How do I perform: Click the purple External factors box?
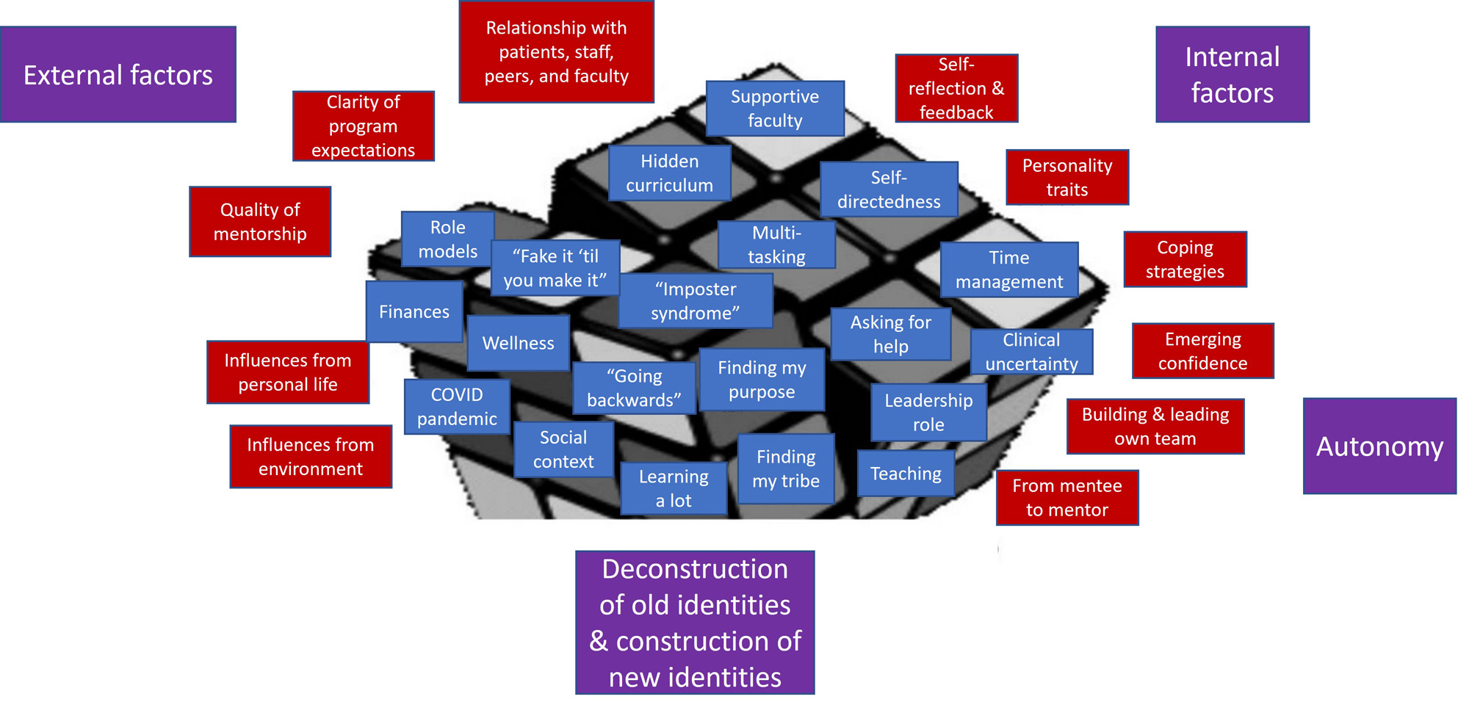point(118,74)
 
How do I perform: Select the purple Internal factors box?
point(1232,74)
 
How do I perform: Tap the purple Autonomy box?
point(1379,446)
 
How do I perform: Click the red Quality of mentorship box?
point(260,221)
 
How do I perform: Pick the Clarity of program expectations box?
point(363,126)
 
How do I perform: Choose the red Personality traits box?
point(1066,177)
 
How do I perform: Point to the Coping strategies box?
point(1185,259)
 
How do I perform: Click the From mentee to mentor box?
point(1066,497)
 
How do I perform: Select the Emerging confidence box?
point(1202,350)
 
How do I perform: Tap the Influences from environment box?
point(310,456)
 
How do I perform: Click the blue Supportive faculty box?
point(774,108)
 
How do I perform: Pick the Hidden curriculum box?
point(669,173)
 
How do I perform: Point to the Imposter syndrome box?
point(695,300)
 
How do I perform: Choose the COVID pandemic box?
point(456,406)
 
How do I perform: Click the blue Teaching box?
point(906,474)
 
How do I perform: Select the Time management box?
point(1008,269)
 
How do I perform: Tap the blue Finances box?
point(414,311)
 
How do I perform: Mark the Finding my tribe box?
point(785,468)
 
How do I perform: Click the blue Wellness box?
point(518,343)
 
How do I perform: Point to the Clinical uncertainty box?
point(1031,352)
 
